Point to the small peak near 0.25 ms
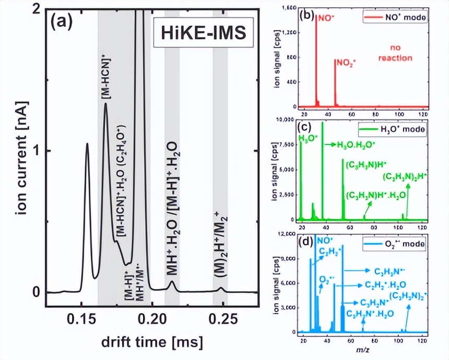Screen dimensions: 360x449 tap(221, 288)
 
